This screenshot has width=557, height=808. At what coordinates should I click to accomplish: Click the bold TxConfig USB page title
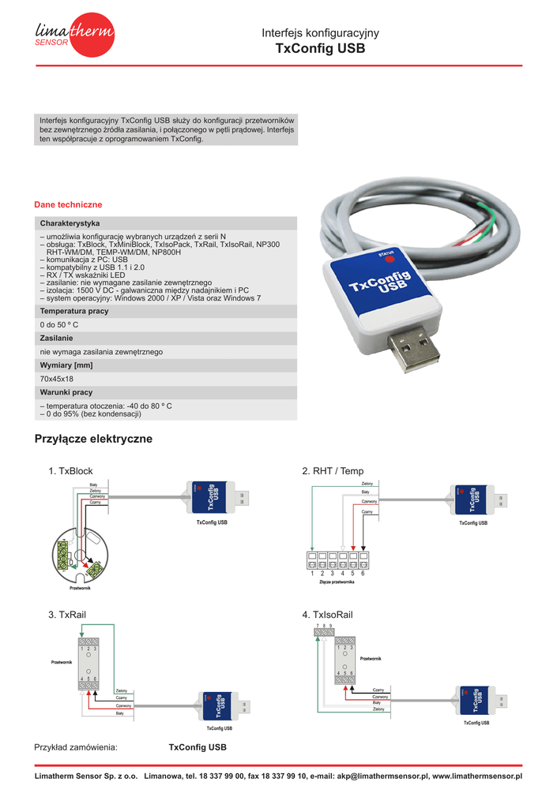(x=320, y=48)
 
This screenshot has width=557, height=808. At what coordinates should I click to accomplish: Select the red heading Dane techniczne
(x=68, y=204)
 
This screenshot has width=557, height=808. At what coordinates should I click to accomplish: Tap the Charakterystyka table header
(x=70, y=223)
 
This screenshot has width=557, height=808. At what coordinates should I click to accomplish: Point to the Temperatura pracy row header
(x=74, y=311)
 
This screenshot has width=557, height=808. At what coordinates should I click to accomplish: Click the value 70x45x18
(x=57, y=379)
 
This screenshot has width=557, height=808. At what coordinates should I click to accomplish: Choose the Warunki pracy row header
(x=66, y=392)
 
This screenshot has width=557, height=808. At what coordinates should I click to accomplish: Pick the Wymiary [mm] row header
(x=66, y=365)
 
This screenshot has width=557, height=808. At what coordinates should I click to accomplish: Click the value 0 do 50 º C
(x=59, y=324)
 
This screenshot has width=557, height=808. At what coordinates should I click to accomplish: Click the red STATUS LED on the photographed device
(x=389, y=260)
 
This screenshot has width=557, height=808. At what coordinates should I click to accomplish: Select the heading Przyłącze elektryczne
(x=93, y=439)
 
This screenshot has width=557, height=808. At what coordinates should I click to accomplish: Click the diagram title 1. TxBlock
(x=70, y=471)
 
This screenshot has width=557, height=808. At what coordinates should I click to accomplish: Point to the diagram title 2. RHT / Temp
(x=333, y=471)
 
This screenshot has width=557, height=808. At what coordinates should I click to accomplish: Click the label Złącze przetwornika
(x=336, y=582)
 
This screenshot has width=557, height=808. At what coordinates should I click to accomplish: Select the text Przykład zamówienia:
(x=76, y=747)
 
